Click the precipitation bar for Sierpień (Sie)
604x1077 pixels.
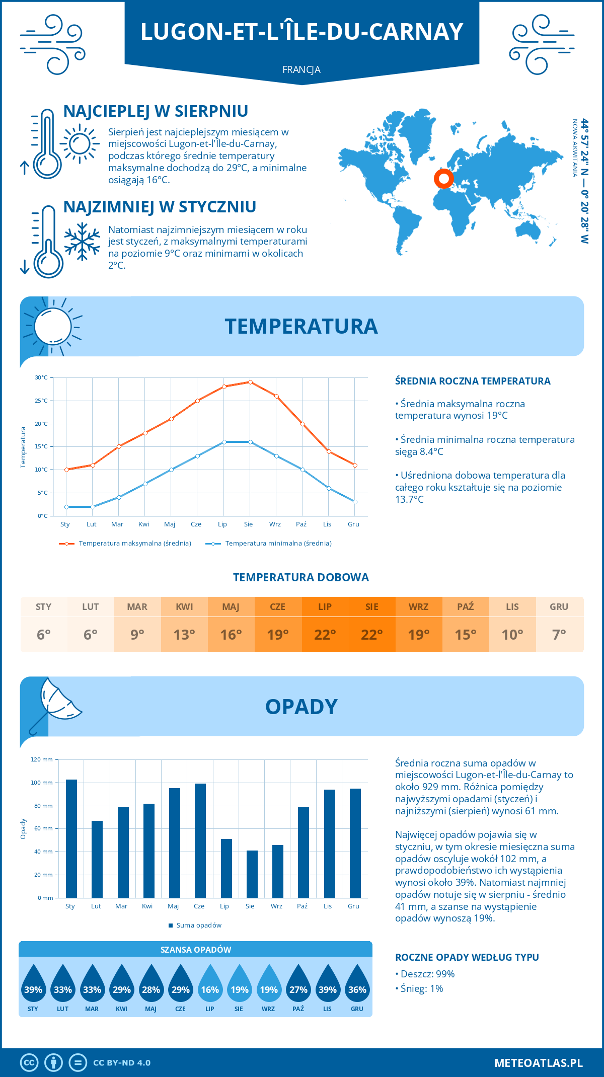click(x=252, y=874)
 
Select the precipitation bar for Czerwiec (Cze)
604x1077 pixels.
click(x=200, y=840)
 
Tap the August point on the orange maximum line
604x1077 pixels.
click(x=250, y=382)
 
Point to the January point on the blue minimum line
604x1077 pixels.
click(x=66, y=507)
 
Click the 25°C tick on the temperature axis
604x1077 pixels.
click(x=41, y=401)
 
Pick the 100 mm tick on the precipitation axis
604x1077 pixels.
click(x=42, y=783)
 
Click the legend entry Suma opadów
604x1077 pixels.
click(x=198, y=926)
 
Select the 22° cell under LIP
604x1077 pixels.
click(x=325, y=635)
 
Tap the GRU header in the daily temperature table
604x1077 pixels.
click(x=559, y=607)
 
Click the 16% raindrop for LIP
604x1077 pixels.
click(x=210, y=983)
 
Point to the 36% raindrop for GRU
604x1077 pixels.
click(x=357, y=983)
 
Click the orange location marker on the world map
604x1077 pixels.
click(x=443, y=178)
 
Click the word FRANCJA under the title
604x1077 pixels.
click(x=301, y=70)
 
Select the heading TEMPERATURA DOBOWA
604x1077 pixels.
click(x=301, y=577)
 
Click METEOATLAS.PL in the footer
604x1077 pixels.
click(x=539, y=1063)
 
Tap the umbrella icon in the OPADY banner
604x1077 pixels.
click(x=55, y=703)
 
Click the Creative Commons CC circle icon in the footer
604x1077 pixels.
click(x=29, y=1063)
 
